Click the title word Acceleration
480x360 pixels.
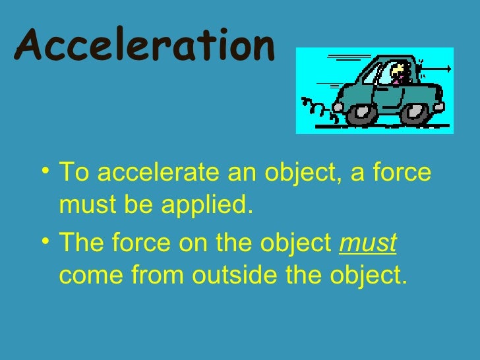click(143, 45)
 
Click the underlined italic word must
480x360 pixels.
click(367, 243)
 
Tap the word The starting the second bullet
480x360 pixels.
click(82, 243)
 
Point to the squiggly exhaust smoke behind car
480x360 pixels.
click(316, 105)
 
